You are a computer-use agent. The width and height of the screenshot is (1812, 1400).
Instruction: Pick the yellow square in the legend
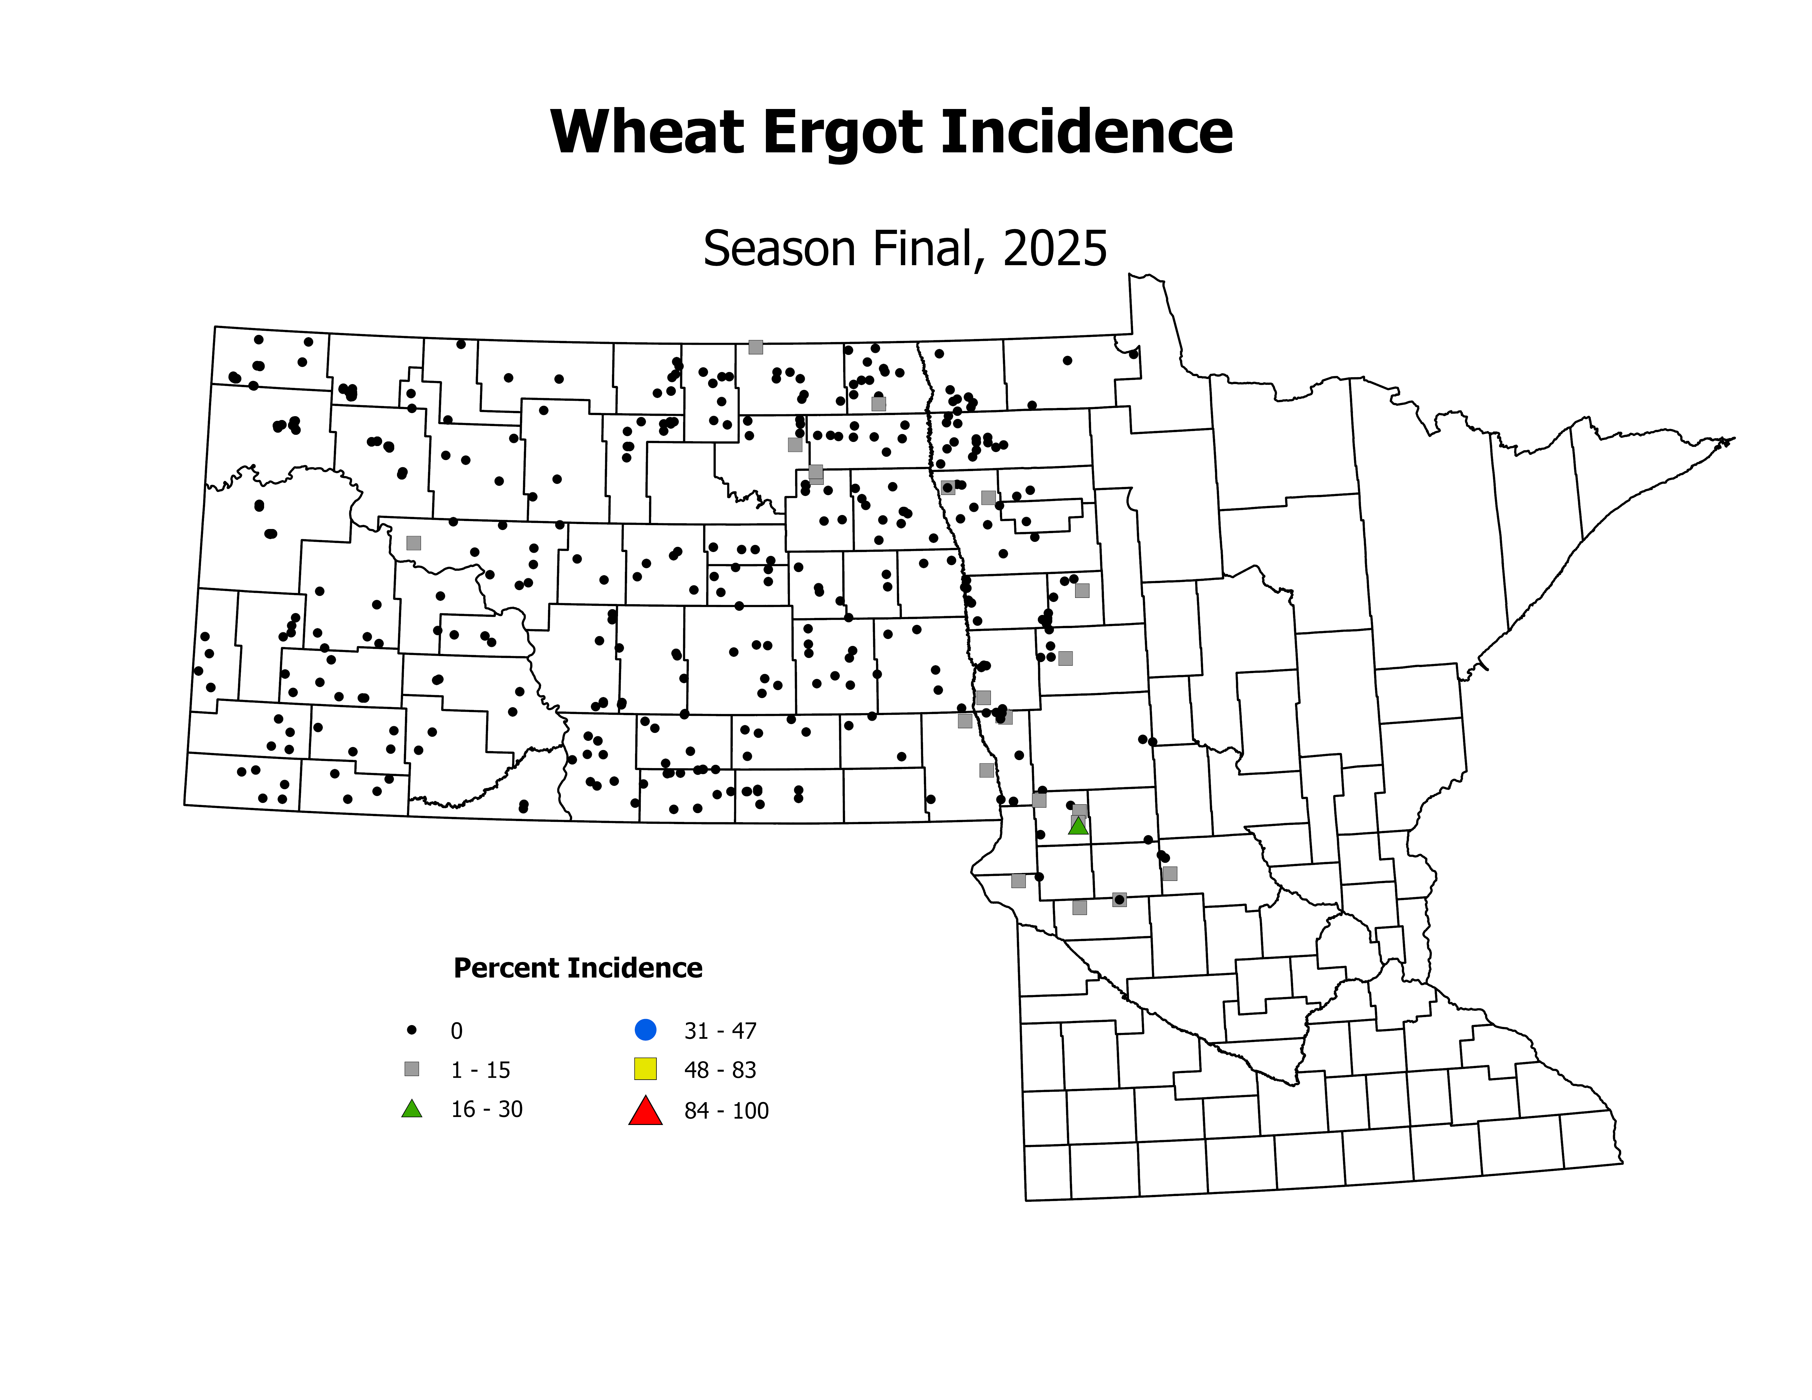tap(645, 1069)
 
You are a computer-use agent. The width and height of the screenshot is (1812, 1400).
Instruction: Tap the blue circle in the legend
tap(645, 1030)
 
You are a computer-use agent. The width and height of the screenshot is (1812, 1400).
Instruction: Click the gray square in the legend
tap(412, 1069)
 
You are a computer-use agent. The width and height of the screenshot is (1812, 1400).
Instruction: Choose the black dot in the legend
tap(412, 1030)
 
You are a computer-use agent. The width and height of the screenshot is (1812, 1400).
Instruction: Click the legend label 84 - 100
tap(726, 1111)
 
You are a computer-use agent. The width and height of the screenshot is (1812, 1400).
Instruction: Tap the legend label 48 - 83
tap(720, 1071)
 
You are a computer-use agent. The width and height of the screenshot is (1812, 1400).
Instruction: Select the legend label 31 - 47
tap(720, 1031)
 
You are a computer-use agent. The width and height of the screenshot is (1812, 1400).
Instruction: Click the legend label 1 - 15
tap(480, 1071)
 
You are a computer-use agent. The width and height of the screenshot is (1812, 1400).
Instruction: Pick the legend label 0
tap(456, 1031)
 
